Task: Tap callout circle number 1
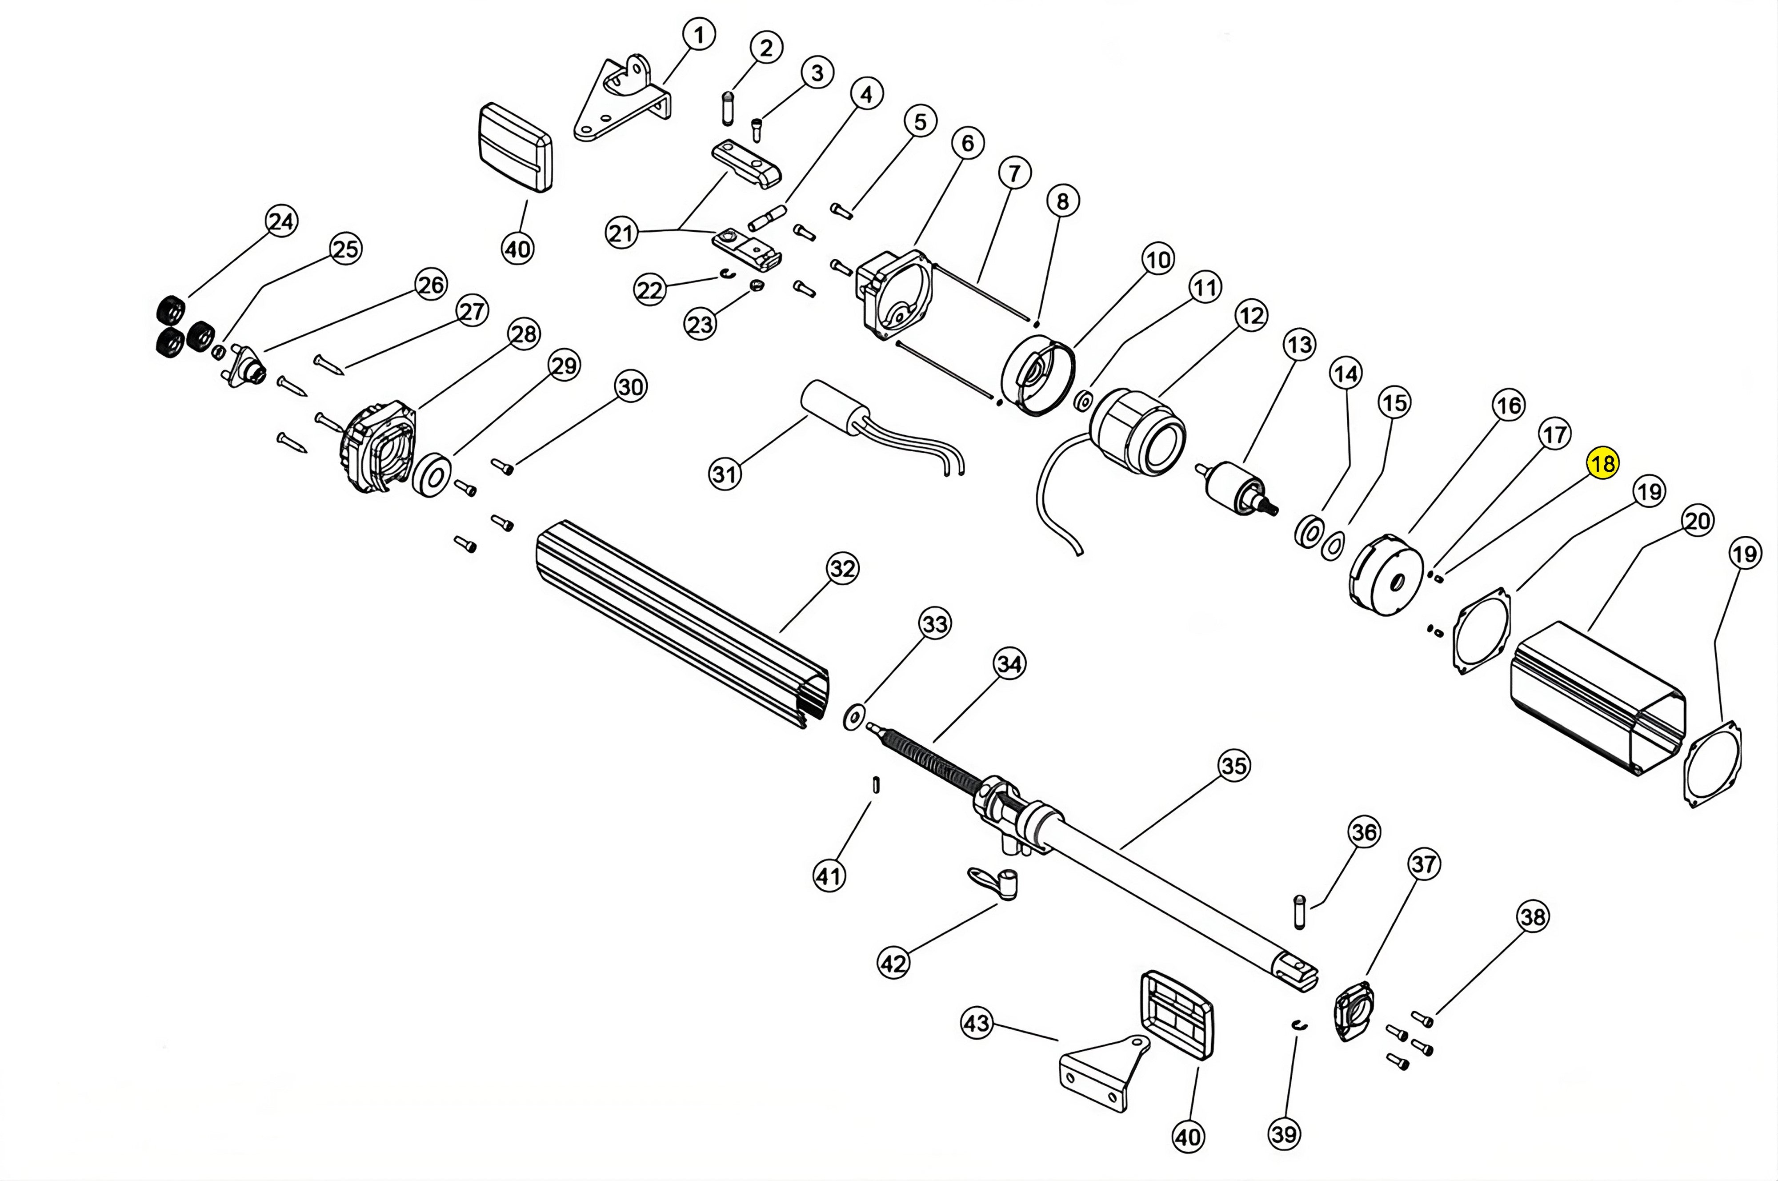(x=699, y=35)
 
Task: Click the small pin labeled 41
(x=876, y=784)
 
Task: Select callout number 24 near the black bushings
(x=281, y=221)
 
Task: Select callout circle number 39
(x=1284, y=1133)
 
